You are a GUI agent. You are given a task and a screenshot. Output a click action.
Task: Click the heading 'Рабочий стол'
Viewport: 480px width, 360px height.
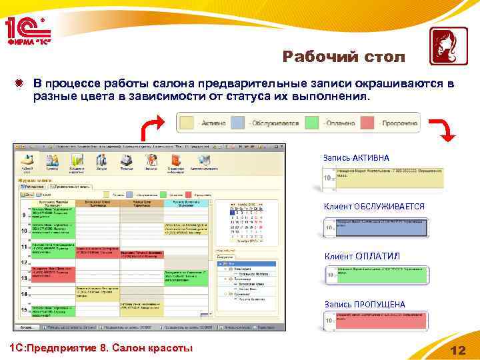tap(343, 57)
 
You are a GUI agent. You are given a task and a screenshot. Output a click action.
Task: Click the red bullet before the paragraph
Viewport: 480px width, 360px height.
tap(21, 84)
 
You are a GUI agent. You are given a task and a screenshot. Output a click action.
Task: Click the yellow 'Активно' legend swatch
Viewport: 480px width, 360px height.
tap(188, 123)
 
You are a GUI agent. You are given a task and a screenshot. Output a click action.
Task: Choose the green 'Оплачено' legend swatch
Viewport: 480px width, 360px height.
tap(311, 123)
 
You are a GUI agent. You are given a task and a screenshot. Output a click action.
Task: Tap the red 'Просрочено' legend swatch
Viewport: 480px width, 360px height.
tap(371, 123)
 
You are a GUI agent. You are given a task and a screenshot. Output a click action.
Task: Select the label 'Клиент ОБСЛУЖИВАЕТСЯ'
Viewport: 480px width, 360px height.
tap(373, 207)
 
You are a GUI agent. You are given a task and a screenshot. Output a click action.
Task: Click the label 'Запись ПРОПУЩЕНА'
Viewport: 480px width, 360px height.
tap(365, 305)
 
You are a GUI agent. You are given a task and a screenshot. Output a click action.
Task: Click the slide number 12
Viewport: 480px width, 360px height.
tap(458, 350)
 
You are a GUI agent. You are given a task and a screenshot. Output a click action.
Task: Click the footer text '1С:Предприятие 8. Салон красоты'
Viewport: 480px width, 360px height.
tap(98, 349)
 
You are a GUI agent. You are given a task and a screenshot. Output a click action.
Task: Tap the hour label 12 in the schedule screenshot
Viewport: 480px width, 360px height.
tap(23, 262)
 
